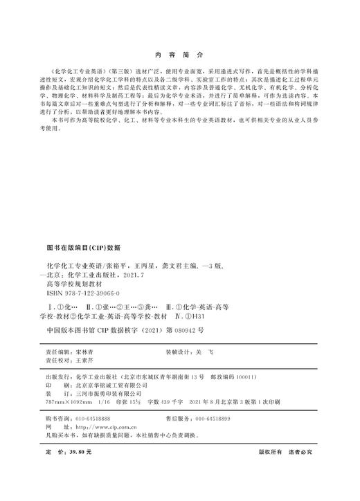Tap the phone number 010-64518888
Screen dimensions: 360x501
tap(92, 418)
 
